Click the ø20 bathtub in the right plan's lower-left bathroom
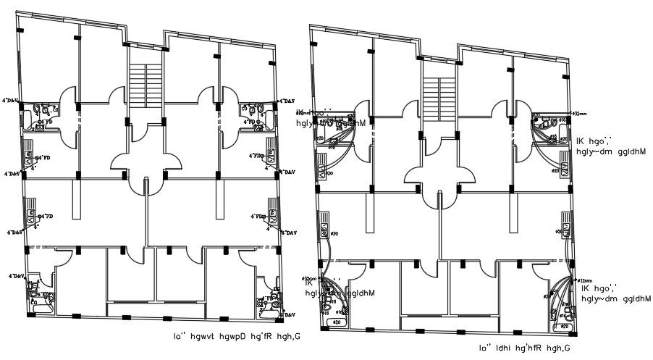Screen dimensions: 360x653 click(336, 322)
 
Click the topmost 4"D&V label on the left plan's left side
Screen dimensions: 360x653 click(12, 101)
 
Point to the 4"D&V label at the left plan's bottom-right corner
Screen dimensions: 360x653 click(287, 315)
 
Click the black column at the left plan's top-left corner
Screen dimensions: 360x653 click(20, 30)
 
